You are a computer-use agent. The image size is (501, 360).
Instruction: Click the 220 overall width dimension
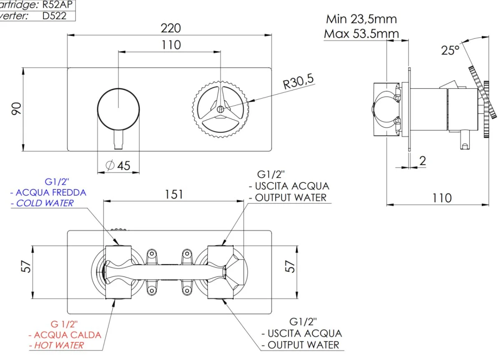click(171, 28)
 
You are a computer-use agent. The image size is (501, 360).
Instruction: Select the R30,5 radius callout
click(298, 81)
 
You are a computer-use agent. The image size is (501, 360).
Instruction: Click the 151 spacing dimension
click(174, 195)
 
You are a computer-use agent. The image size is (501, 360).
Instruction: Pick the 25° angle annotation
click(450, 50)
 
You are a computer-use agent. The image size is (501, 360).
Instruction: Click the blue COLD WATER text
click(45, 203)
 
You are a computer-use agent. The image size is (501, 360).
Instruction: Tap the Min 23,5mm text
click(361, 19)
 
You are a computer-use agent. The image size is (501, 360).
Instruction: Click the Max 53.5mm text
click(361, 33)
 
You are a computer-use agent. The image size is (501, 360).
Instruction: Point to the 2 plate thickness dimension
click(423, 161)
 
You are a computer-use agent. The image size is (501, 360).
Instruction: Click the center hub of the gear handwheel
click(220, 109)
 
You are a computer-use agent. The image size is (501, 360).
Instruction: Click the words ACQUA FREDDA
click(51, 192)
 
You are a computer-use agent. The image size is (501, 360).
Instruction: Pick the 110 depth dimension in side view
click(442, 198)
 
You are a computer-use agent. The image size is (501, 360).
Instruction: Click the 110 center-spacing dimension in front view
click(171, 45)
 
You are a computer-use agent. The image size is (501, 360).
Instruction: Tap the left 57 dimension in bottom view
click(27, 267)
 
